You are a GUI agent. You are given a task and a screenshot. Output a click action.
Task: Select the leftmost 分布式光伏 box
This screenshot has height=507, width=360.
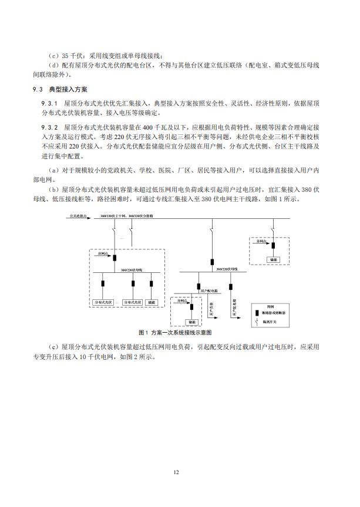(103, 302)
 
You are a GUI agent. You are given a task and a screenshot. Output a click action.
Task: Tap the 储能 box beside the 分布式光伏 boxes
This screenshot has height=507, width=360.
(152, 302)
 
